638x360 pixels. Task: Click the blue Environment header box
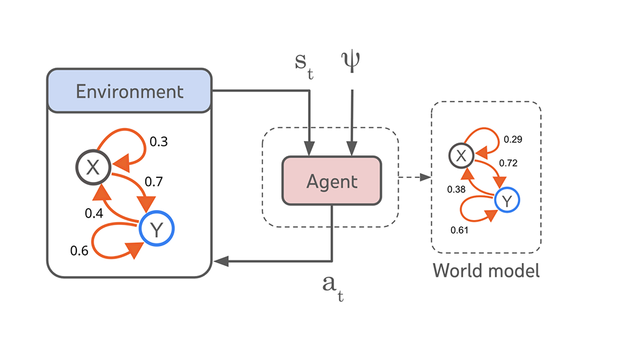pos(129,91)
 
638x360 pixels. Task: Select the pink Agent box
pos(331,181)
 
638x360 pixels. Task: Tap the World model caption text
pos(486,271)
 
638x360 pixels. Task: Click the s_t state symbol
pos(302,63)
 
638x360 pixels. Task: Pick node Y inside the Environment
pos(157,230)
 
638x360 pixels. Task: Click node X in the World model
pos(461,155)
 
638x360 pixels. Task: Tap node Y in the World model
pos(506,200)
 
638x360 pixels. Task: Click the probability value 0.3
pos(159,142)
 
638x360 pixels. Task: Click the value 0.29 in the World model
pos(513,140)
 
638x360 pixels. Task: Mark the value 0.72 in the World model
pos(508,163)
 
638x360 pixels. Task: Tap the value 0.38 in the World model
pos(457,189)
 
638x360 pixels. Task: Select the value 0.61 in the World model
pos(459,229)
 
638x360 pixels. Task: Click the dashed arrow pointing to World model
pos(414,178)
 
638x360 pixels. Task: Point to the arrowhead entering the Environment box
pos(219,260)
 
